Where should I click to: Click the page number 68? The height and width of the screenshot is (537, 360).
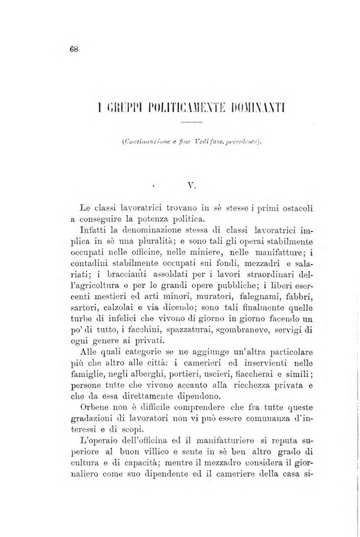point(74,50)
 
